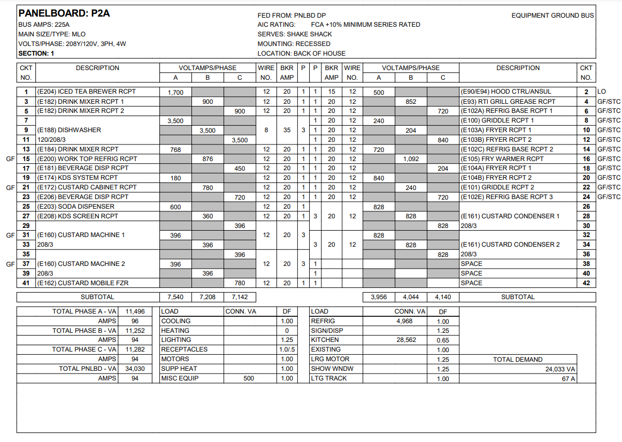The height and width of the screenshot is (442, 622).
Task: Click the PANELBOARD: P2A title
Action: click(64, 13)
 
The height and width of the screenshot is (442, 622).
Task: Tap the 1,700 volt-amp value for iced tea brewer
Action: click(175, 92)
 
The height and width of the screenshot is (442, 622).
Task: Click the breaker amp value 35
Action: click(287, 130)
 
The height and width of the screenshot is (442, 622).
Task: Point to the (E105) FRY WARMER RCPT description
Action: click(502, 159)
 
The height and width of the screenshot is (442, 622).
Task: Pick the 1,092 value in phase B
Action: click(411, 159)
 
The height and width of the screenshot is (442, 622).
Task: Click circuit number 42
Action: click(586, 283)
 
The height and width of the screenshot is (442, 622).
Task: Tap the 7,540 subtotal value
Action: click(175, 297)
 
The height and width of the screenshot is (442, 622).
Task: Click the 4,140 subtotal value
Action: click(443, 297)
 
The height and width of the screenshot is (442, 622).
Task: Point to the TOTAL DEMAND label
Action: click(518, 360)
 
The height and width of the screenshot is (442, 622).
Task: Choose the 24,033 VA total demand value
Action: click(558, 369)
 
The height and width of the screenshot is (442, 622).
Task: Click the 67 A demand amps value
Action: click(567, 378)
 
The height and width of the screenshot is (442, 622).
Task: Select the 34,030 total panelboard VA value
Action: click(135, 369)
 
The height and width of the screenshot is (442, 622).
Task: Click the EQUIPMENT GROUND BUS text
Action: click(552, 16)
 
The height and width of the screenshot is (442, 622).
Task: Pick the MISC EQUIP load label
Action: click(180, 378)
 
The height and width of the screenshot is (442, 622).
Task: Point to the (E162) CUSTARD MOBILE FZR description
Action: click(82, 283)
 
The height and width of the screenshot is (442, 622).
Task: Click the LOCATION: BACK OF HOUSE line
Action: click(302, 54)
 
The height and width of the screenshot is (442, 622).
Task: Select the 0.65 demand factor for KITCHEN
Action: click(443, 340)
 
